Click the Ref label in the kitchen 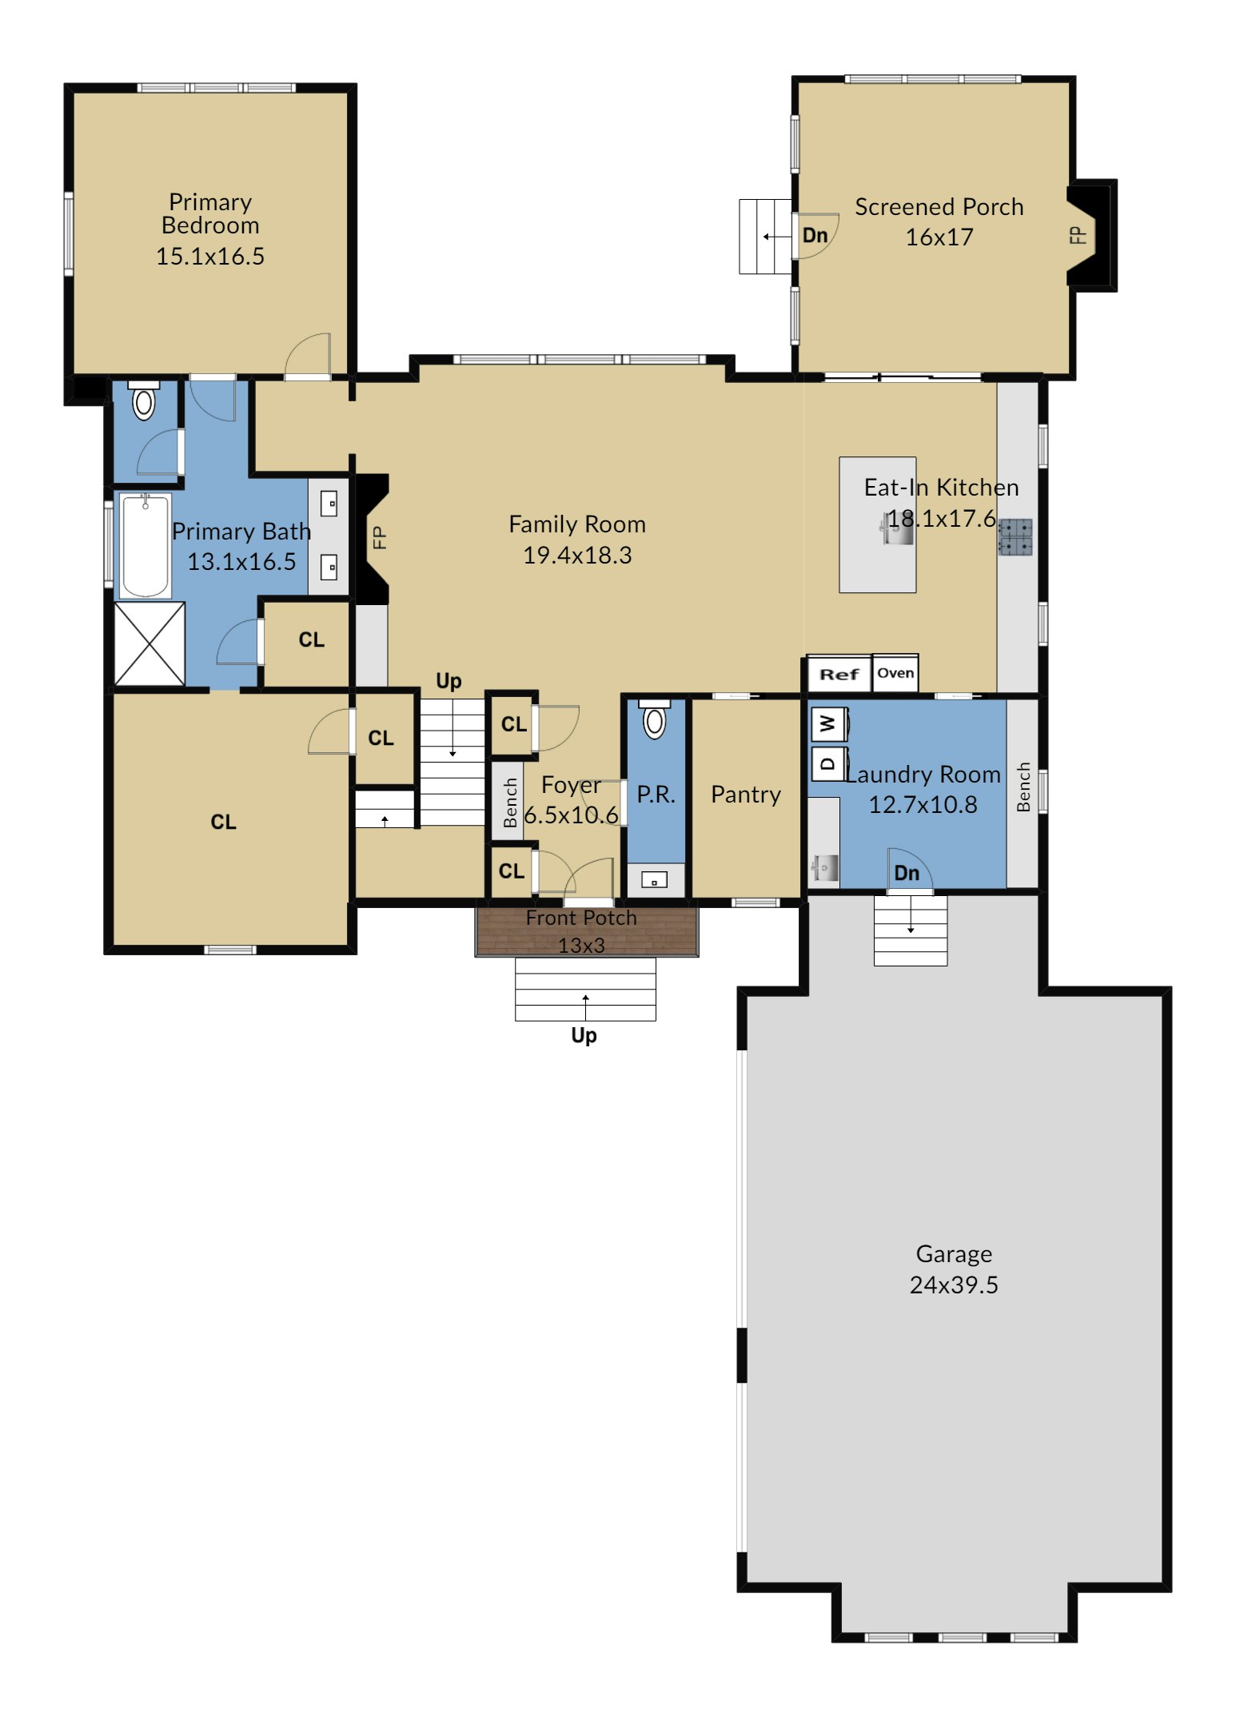pos(839,674)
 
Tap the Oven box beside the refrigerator pos(895,673)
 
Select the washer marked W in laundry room pos(829,724)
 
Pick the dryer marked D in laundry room pos(829,763)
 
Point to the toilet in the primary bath pos(143,400)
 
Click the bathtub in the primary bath pos(145,546)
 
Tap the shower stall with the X pos(150,643)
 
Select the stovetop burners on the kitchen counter pos(1015,537)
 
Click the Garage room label pos(954,1253)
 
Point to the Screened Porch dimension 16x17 pos(939,237)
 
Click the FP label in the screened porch pos(1079,235)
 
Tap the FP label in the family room pos(380,537)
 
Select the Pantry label pos(746,795)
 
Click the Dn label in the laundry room pos(907,873)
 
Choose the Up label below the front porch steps pos(584,1036)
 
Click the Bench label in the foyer pos(510,803)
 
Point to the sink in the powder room pos(654,881)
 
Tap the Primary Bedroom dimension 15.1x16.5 pos(210,257)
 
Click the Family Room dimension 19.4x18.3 pos(577,556)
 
